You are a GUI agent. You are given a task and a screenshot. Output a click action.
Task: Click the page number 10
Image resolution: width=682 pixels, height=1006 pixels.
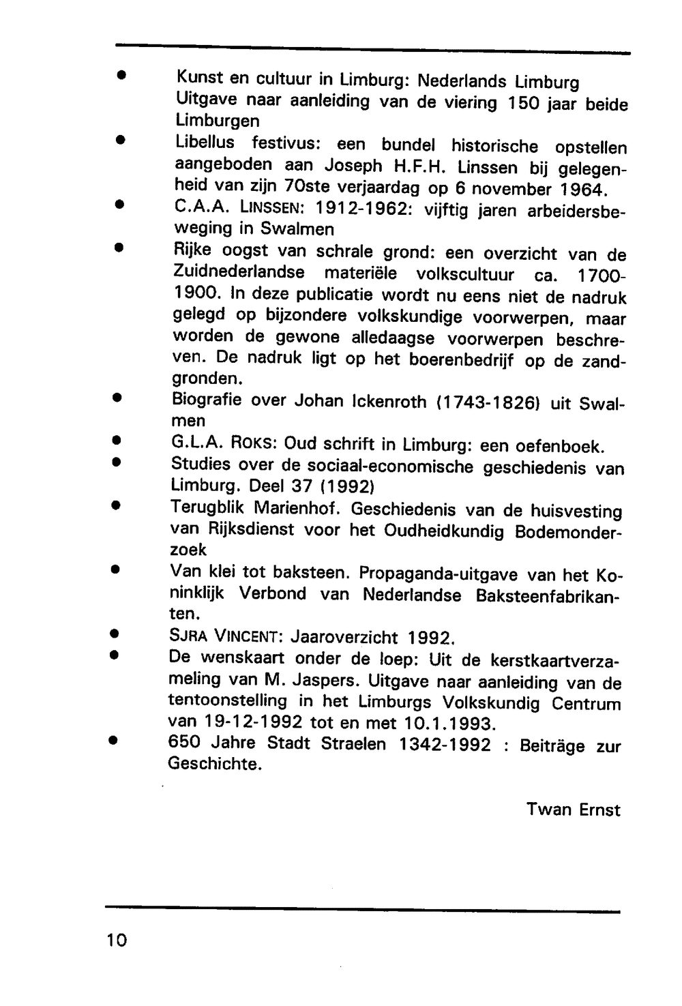coord(117,941)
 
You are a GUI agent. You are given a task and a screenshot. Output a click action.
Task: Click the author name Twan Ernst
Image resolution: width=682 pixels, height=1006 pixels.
coord(573,810)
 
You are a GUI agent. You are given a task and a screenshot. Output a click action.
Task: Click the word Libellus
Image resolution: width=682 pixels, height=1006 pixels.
coord(205,143)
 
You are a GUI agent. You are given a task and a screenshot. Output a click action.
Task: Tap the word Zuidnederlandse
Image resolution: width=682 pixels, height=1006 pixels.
coord(239,273)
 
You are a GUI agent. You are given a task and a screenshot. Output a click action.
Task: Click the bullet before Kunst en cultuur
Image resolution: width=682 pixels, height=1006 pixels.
coord(119,75)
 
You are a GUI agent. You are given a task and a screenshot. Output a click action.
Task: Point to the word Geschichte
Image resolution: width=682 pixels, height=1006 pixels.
coord(215,764)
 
